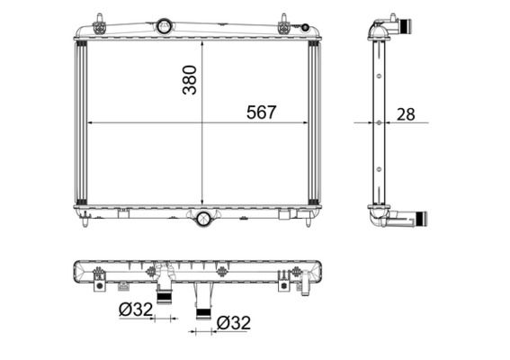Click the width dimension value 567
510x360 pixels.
click(x=261, y=112)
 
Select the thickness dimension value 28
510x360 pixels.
click(x=406, y=114)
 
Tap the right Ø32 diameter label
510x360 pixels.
click(x=231, y=321)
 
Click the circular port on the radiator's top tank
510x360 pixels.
click(x=164, y=26)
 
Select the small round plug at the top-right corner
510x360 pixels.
click(x=309, y=30)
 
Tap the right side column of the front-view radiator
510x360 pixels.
click(x=314, y=122)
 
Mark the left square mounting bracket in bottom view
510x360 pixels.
click(x=101, y=286)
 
